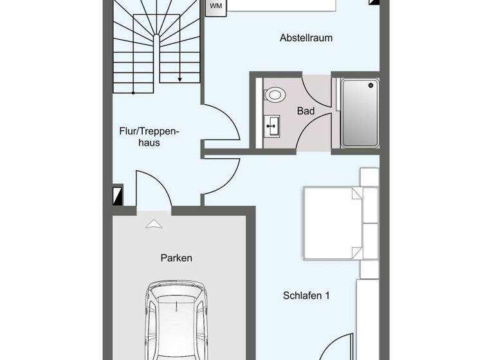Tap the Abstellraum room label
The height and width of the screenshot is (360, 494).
(x=306, y=38)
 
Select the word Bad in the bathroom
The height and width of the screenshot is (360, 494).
(x=306, y=111)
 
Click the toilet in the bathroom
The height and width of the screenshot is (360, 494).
(x=275, y=95)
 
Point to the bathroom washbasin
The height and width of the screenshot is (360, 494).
(x=273, y=126)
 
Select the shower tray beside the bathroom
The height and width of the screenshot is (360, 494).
(x=360, y=113)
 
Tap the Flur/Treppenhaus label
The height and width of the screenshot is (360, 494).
(x=149, y=136)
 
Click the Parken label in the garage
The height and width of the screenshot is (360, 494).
(x=176, y=258)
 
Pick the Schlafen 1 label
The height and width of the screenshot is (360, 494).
(x=306, y=296)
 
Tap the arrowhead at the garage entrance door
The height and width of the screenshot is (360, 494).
(x=154, y=224)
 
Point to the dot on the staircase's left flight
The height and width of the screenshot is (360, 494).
(x=133, y=93)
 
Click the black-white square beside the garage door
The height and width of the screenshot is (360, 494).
(x=117, y=195)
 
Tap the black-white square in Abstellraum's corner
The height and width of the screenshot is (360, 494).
(x=374, y=2)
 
